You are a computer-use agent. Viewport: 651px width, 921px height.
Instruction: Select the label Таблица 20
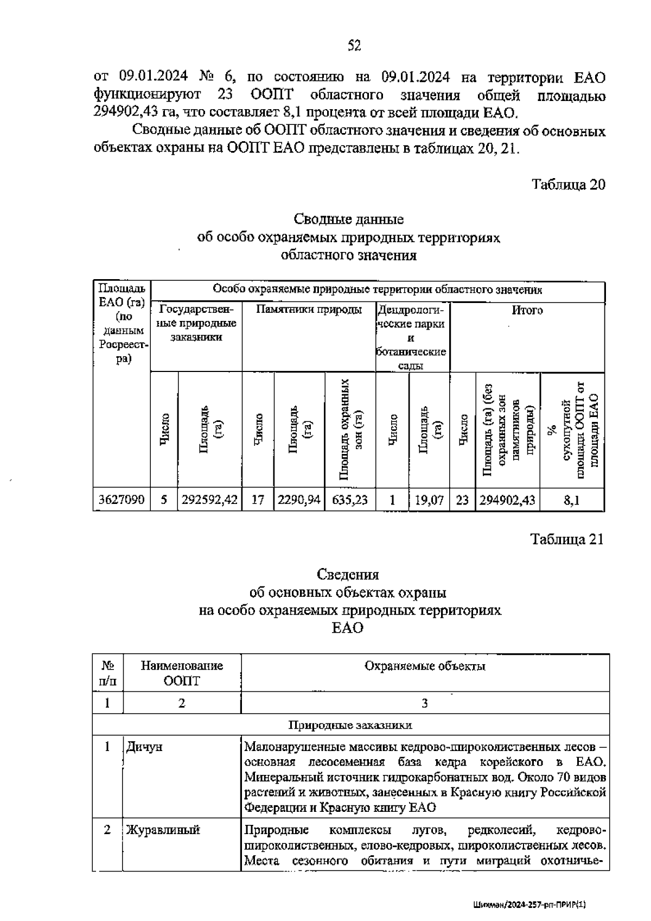point(568,185)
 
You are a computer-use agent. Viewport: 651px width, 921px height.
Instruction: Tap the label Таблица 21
point(567,539)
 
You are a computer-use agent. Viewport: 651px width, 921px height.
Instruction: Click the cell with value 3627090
point(122,500)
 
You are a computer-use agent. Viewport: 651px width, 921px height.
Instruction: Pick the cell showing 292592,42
point(210,500)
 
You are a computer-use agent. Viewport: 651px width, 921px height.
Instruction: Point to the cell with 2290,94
point(299,500)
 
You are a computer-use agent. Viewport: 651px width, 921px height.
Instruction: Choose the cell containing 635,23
point(350,500)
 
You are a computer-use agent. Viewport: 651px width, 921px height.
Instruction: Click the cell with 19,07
point(429,500)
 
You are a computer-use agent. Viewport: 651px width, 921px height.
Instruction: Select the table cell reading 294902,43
point(507,500)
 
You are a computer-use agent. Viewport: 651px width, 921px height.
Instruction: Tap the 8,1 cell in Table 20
point(572,500)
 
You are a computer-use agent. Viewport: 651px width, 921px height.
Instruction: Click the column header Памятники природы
point(309,311)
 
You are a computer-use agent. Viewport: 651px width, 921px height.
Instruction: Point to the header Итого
point(527,311)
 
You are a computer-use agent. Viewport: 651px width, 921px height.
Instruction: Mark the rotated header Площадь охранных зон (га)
point(350,429)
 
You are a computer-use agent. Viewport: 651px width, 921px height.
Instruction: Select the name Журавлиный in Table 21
point(163,830)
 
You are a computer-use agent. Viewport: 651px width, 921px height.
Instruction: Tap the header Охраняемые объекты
point(425,666)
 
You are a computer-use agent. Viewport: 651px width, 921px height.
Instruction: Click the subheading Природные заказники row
point(350,725)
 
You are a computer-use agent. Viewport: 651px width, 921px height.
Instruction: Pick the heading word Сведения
point(348,575)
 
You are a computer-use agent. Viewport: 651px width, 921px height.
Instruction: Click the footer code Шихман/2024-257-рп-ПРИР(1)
point(531,905)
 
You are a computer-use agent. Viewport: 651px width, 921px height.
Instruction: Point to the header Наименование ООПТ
point(182,673)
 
